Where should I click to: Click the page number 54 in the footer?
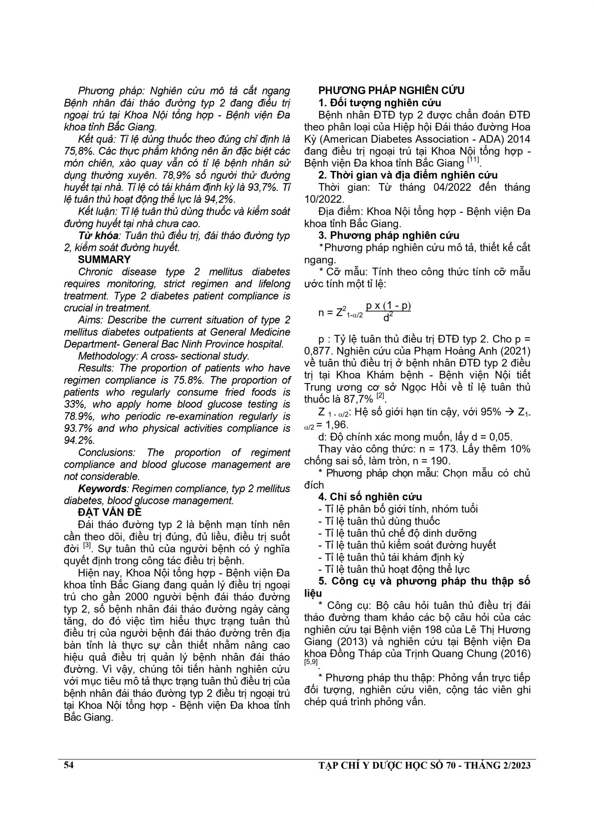tap(69, 765)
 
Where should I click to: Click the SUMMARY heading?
tap(104, 260)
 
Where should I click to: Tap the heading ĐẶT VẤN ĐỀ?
tap(110, 513)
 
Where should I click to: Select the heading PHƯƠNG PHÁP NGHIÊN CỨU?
tap(391, 90)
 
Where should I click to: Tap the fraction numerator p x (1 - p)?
tap(388, 306)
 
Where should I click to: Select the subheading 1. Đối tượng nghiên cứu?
tap(379, 102)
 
